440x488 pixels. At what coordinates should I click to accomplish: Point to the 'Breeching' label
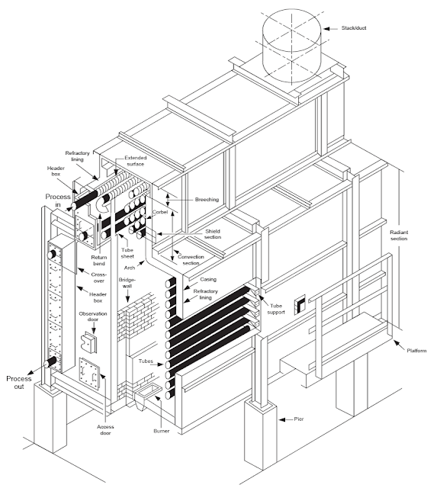(206, 200)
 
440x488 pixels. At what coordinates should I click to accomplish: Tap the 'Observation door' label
(92, 318)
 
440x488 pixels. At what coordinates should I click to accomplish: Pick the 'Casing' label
(198, 280)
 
